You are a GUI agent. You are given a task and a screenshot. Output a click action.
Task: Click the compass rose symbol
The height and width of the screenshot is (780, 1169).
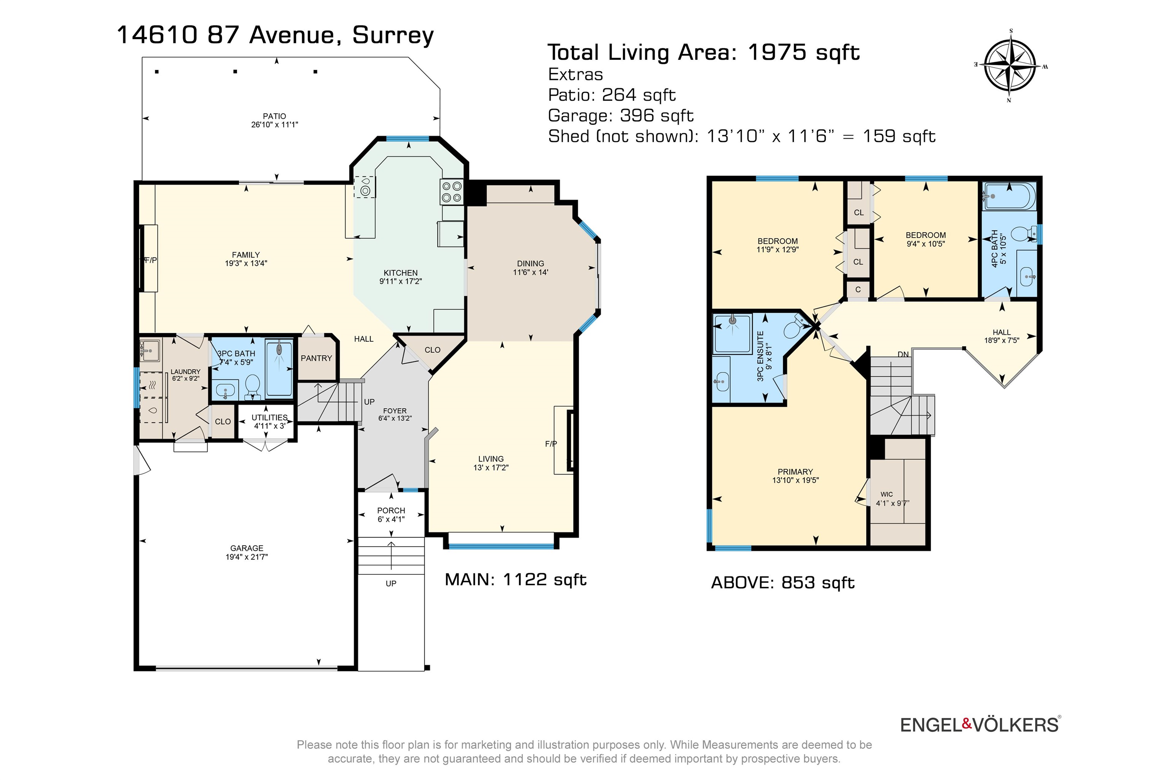(1010, 66)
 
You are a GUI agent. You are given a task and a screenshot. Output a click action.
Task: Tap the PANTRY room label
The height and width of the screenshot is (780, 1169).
(316, 358)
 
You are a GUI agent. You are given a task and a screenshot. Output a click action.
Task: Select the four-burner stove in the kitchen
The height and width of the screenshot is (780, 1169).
(451, 192)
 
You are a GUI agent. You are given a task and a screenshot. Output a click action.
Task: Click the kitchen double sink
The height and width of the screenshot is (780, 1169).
(364, 187)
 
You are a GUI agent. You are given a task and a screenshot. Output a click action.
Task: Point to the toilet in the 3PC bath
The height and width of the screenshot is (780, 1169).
(253, 386)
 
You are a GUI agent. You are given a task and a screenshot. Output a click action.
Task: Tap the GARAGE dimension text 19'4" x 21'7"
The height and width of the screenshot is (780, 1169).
(247, 557)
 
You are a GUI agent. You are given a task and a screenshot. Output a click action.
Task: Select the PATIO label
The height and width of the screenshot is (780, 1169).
(274, 116)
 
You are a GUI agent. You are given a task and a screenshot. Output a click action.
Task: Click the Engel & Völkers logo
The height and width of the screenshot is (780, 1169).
(980, 725)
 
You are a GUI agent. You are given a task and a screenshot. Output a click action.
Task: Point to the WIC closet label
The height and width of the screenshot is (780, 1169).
(887, 494)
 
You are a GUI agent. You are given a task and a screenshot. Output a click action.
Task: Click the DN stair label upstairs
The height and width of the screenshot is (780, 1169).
(903, 354)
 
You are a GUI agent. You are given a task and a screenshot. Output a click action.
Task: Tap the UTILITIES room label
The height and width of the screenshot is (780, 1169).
(269, 417)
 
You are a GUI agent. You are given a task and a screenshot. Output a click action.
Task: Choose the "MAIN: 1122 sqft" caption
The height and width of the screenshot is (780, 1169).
(515, 580)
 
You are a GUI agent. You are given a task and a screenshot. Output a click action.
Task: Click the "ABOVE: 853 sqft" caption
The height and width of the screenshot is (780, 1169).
(783, 582)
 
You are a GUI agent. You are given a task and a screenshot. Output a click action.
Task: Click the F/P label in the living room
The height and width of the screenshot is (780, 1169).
(551, 444)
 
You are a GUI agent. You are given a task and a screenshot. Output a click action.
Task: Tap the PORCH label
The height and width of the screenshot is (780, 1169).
(391, 510)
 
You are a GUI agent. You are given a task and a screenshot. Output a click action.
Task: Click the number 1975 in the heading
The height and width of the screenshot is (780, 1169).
(776, 52)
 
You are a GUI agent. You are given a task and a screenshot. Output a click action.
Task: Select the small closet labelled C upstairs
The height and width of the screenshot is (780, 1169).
(858, 289)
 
